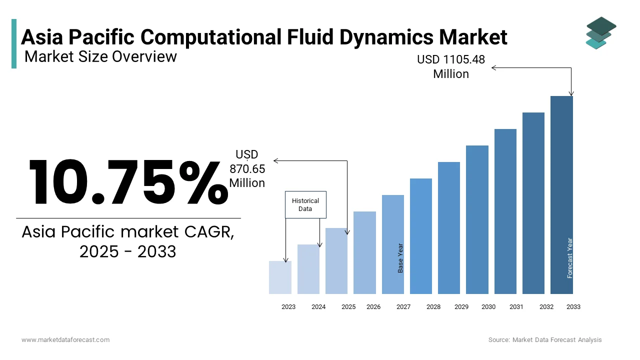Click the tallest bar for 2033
pyautogui.click(x=561, y=195)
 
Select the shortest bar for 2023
pyautogui.click(x=280, y=277)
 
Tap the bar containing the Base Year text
pyautogui.click(x=393, y=244)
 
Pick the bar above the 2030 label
pyautogui.click(x=477, y=219)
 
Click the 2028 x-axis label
pyautogui.click(x=433, y=307)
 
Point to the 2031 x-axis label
pyautogui.click(x=516, y=307)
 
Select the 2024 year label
pyautogui.click(x=318, y=307)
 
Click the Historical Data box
pyautogui.click(x=305, y=204)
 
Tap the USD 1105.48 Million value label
pyautogui.click(x=451, y=66)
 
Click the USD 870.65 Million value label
pyautogui.click(x=247, y=169)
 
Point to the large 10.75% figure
pyautogui.click(x=127, y=182)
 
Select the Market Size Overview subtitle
pyautogui.click(x=100, y=56)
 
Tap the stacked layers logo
pyautogui.click(x=600, y=33)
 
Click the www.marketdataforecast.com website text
pyautogui.click(x=65, y=340)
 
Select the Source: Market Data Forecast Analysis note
pyautogui.click(x=545, y=340)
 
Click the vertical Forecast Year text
pyautogui.click(x=570, y=258)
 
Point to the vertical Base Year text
pyautogui.click(x=400, y=258)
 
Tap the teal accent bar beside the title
pyautogui.click(x=14, y=43)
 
